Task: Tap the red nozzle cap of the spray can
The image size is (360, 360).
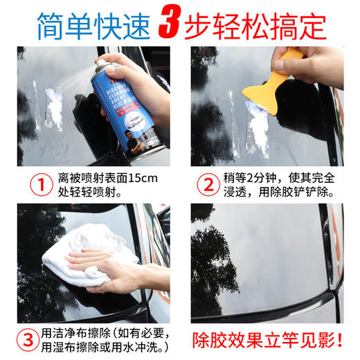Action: click(x=101, y=64)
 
